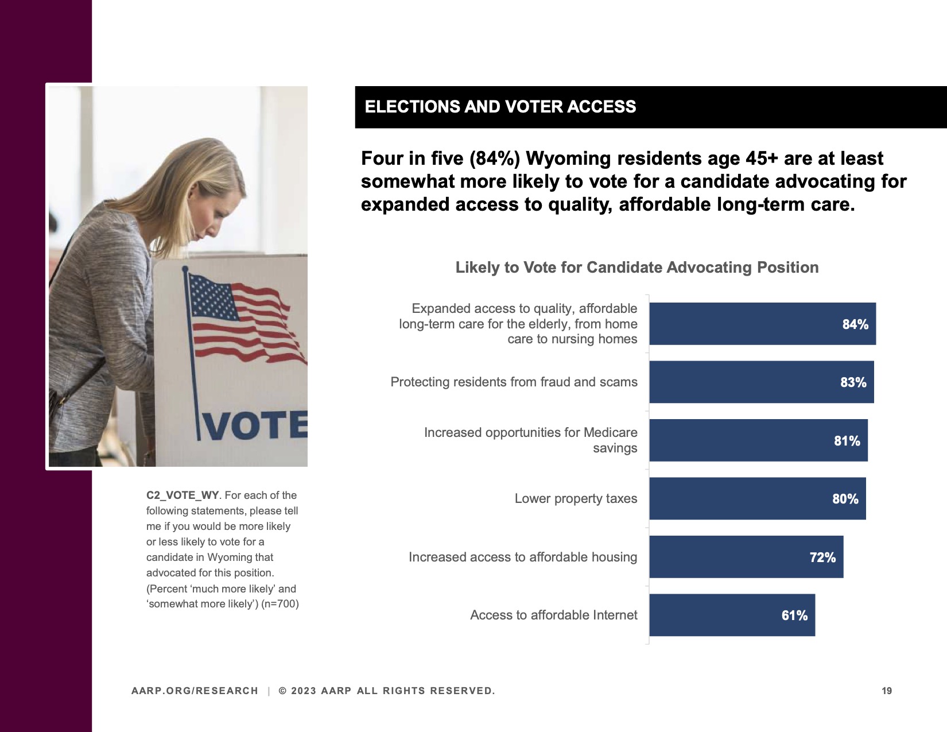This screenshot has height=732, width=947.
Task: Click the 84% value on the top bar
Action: (855, 324)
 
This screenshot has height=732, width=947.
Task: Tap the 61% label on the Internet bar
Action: (794, 615)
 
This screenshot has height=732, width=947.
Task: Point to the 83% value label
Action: (853, 382)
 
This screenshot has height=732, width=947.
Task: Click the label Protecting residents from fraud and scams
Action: (514, 382)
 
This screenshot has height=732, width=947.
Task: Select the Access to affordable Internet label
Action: (553, 615)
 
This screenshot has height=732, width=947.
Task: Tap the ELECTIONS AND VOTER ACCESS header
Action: (500, 107)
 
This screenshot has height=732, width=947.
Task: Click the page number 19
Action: (887, 691)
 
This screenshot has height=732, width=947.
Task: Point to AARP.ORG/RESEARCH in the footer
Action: (195, 691)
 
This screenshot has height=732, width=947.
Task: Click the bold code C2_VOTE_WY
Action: (183, 495)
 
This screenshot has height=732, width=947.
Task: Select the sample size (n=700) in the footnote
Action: (280, 604)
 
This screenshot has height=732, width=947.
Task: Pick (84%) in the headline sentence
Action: (494, 158)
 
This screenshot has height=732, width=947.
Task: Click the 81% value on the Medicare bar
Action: (847, 441)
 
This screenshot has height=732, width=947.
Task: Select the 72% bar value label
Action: (822, 557)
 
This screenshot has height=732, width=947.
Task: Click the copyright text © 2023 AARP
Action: (386, 691)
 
